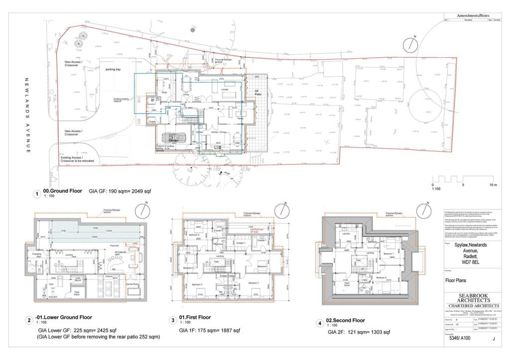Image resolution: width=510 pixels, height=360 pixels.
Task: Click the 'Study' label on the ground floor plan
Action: (x=164, y=92)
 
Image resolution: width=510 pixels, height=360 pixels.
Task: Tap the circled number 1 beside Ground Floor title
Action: (x=36, y=194)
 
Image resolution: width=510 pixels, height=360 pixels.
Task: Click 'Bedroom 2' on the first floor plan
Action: (x=254, y=283)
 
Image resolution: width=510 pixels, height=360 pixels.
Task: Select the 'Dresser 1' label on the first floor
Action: (x=241, y=242)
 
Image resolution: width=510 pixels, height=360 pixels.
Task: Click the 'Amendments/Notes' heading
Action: (x=473, y=16)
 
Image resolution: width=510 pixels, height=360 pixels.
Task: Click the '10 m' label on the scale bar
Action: (x=493, y=185)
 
